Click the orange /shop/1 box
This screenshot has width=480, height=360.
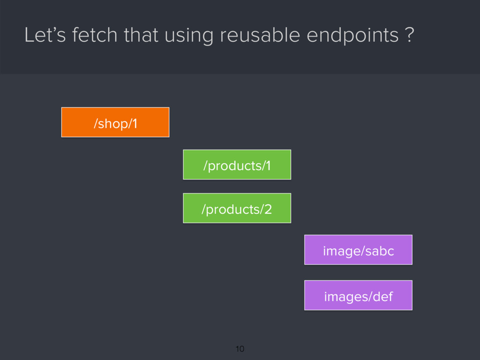[x=115, y=122]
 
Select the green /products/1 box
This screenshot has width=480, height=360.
[x=237, y=165]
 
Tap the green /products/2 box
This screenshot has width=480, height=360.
[x=237, y=208]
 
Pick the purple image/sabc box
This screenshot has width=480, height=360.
[x=358, y=250]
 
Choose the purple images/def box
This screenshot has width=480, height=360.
[x=358, y=295]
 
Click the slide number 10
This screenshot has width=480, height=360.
[x=240, y=349]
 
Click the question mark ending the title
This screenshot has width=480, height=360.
[x=410, y=36]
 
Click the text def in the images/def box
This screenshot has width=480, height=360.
[x=383, y=296]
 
